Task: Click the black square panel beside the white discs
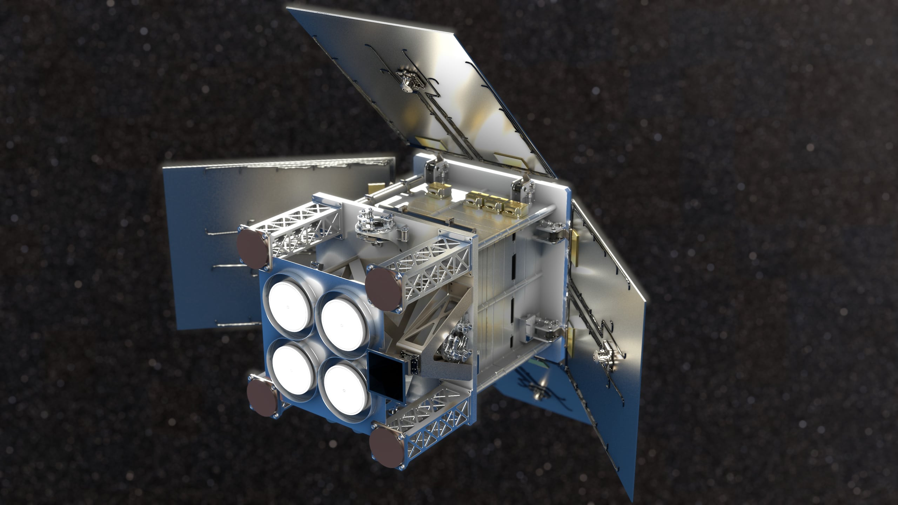pos(385,371)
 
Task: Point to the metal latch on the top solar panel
pos(408,81)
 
